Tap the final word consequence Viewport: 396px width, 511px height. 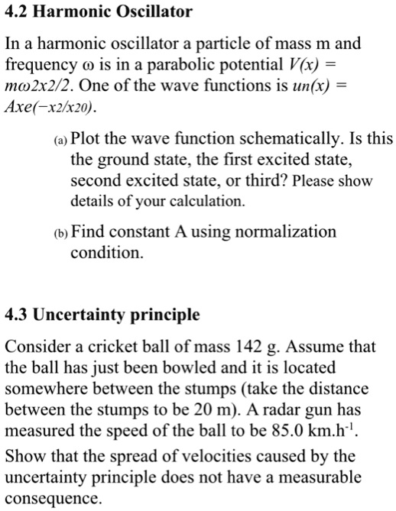point(54,498)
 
